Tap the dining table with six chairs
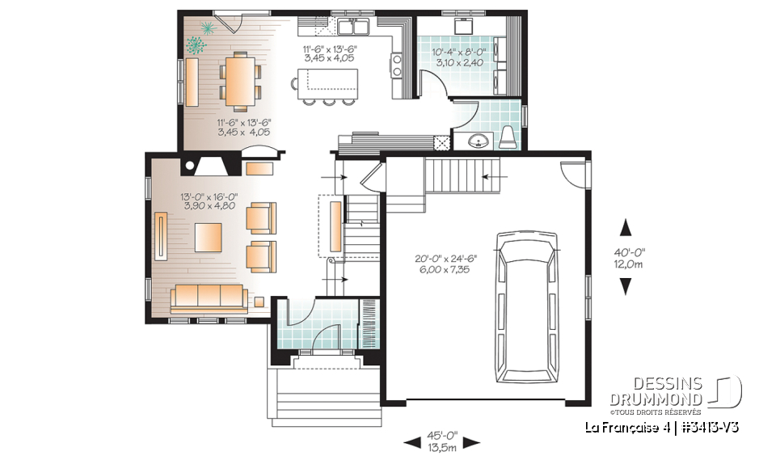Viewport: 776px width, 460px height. point(239,80)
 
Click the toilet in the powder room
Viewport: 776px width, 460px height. point(508,138)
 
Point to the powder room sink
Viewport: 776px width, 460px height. point(480,142)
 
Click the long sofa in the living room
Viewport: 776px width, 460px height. point(209,298)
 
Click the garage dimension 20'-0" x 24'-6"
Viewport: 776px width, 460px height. point(445,264)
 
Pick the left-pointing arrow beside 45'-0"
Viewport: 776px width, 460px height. point(411,441)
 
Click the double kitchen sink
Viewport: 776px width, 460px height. point(354,28)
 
